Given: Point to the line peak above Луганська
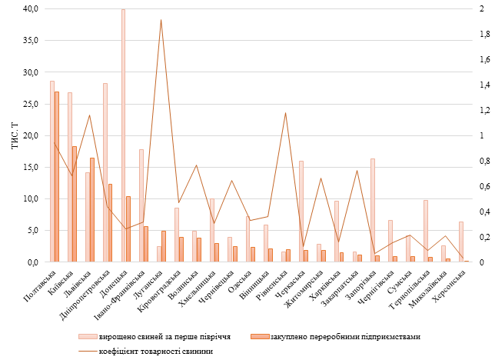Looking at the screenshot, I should pos(161,20).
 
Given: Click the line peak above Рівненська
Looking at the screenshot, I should pos(286,113).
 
